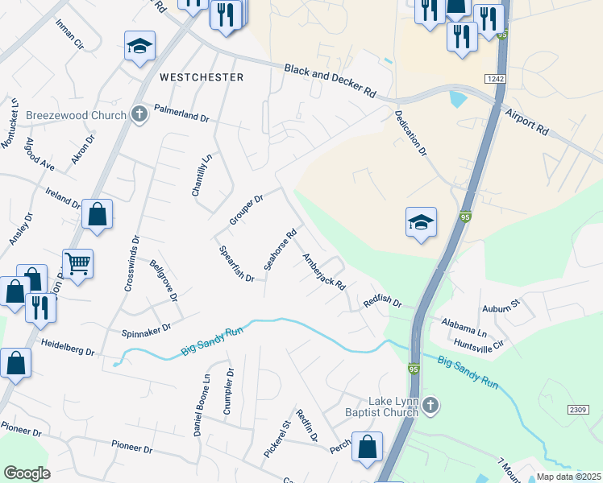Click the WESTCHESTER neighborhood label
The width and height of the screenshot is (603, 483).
click(202, 77)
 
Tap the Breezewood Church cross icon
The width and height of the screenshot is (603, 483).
click(139, 114)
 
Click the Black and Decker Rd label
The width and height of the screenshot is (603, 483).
click(331, 80)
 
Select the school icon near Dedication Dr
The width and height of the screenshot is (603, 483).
click(421, 222)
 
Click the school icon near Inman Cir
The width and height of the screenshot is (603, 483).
click(139, 46)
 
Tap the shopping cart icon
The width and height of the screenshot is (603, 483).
click(78, 263)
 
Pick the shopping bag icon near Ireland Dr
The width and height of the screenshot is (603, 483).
click(97, 215)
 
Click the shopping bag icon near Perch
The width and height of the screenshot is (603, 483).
click(368, 448)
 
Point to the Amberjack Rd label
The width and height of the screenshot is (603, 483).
click(323, 272)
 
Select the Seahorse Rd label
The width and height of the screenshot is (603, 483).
click(276, 250)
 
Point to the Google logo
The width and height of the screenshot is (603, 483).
click(27, 473)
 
